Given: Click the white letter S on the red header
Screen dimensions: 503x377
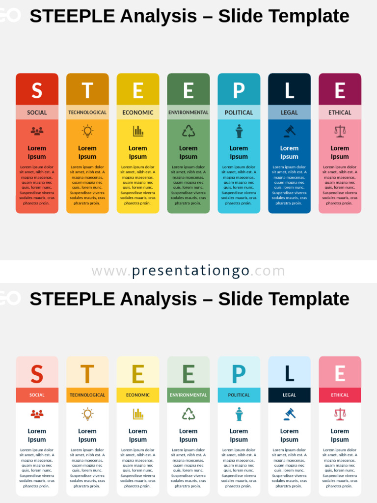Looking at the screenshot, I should pos(37,91).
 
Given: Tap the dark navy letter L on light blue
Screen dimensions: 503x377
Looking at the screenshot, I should pos(289,374).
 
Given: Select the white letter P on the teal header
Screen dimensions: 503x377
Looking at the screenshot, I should pos(239,91).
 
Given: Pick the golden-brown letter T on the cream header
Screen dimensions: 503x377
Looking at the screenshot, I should pos(87,374).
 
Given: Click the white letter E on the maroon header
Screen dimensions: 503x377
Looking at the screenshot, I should pos(340,91).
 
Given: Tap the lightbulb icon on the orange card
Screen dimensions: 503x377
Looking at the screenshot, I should pos(87,131).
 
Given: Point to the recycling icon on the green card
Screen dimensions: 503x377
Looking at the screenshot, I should pos(188,131).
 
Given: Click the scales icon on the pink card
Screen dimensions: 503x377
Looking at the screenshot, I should pos(340,131).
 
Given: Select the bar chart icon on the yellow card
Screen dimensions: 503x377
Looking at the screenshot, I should pos(138,131).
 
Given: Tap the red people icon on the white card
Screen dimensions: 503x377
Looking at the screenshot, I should pos(37,414).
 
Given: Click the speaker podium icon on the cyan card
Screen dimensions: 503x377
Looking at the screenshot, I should pos(239,131).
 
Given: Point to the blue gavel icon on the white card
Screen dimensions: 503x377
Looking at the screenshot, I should pos(289,414).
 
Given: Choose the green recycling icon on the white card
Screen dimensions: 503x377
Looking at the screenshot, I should pos(188,414).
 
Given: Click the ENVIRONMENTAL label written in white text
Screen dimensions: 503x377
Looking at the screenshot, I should pos(188,395).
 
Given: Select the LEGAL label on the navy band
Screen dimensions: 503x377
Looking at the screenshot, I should pos(289,395).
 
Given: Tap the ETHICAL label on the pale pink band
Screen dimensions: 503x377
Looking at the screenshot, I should pos(340,112).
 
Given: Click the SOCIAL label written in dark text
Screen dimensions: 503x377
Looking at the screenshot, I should pos(37,112).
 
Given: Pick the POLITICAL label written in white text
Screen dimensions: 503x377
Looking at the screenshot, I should pos(239,395).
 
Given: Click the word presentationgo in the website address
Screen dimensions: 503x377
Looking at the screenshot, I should pos(190,271).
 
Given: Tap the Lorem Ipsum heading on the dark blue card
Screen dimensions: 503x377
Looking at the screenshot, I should pos(289,152).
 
